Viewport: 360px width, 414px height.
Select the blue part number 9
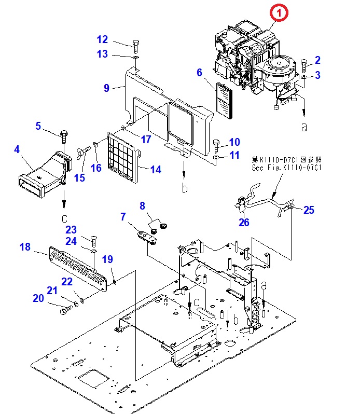coord(106,88)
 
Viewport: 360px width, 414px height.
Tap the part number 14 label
coord(156,169)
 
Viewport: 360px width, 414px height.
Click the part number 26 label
coord(244,223)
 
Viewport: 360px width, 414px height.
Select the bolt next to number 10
coord(217,143)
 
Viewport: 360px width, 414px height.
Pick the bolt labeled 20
coord(65,311)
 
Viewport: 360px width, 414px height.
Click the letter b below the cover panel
coord(184,189)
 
